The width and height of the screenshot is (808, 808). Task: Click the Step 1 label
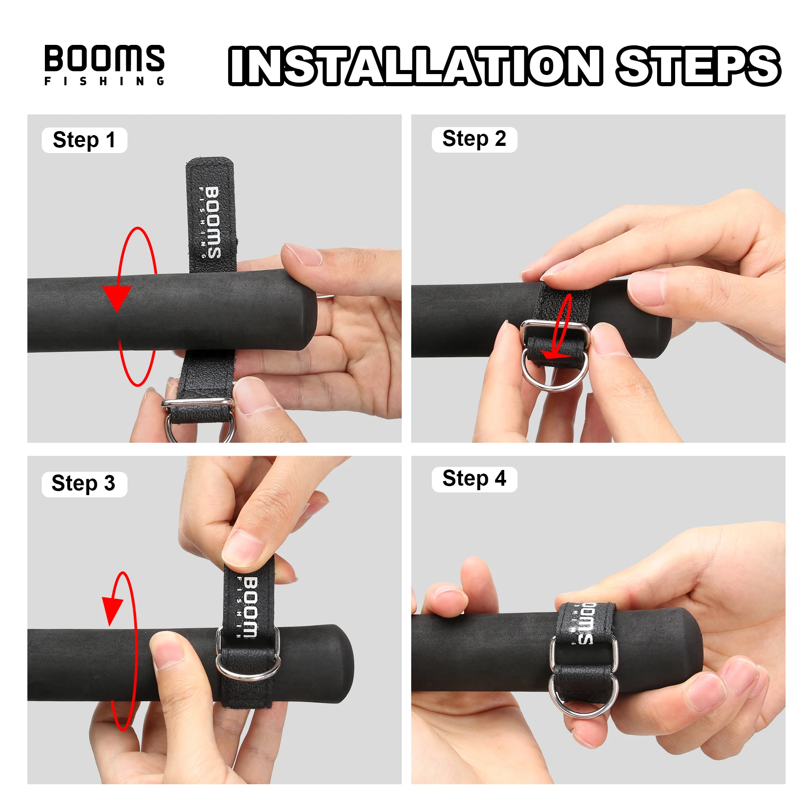[x=84, y=140]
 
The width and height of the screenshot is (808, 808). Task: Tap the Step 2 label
[x=474, y=139]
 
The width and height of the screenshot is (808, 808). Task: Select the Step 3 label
[x=84, y=484]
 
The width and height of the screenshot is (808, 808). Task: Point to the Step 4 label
[x=474, y=479]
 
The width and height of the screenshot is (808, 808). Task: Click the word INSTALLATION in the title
[x=416, y=66]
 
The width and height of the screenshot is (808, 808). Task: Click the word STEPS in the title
[x=698, y=66]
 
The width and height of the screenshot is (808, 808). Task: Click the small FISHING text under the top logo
[x=105, y=81]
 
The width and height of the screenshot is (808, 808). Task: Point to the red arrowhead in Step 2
[x=556, y=355]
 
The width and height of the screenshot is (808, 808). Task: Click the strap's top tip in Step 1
[x=210, y=159]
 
